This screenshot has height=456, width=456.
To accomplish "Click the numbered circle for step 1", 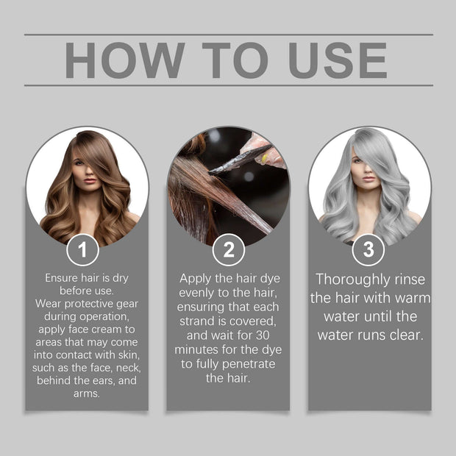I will coord(82,250).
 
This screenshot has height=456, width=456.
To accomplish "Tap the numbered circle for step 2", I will coord(228,250).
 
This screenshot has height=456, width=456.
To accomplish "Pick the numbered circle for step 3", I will coord(368,250).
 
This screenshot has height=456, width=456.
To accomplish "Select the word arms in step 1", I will coord(87,393).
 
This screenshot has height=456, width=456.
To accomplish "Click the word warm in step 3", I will coord(412,298).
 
